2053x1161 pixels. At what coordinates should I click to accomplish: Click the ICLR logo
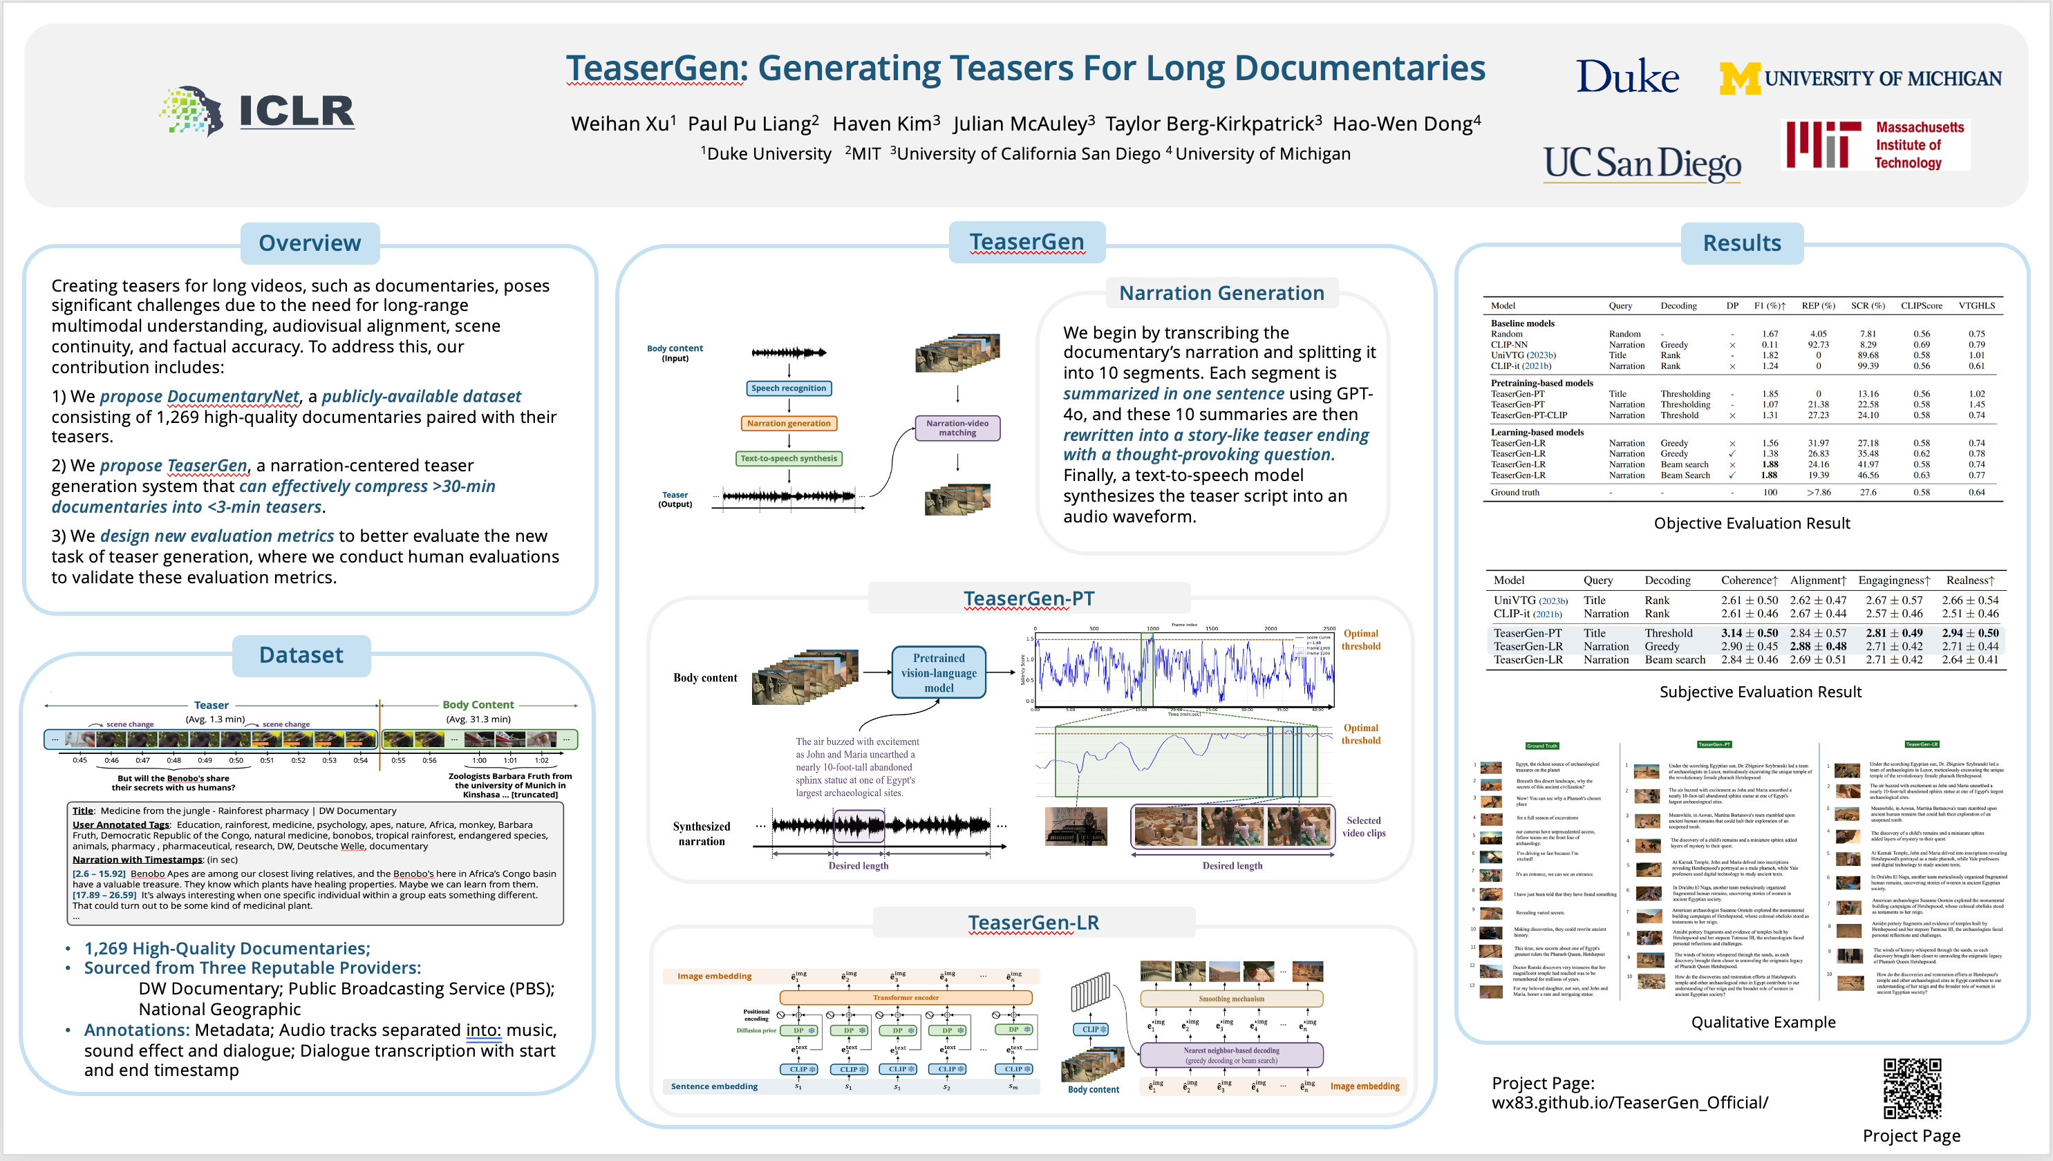pos(257,111)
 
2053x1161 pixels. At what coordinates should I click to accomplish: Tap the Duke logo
pos(1627,77)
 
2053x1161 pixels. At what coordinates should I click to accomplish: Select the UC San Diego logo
pos(1642,164)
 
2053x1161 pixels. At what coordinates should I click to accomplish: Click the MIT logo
pos(1875,144)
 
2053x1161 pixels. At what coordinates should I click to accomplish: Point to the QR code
pos(1911,1088)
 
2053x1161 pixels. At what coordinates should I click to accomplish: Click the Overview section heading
pos(310,243)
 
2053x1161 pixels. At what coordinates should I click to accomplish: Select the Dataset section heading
pos(301,655)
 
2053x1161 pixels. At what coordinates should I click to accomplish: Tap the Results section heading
pos(1741,243)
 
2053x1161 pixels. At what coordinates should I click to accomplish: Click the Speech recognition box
pos(788,388)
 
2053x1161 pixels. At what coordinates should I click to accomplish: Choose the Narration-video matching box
pos(957,428)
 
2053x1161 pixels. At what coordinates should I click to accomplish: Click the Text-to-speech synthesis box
pos(788,458)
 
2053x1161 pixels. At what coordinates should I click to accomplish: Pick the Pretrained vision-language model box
pos(938,672)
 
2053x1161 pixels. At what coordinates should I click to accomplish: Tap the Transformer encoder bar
pos(906,997)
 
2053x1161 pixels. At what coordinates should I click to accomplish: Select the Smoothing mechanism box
pos(1230,999)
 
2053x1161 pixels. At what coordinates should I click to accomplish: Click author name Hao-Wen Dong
pos(1406,124)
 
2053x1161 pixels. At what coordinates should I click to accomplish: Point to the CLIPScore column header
pos(1920,305)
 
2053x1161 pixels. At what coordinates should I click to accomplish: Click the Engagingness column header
pos(1893,580)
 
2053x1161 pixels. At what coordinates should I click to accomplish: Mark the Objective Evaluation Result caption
pos(1752,523)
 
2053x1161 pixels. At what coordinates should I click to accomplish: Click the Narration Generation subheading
pos(1221,294)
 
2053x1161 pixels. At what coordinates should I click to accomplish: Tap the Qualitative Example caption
pos(1763,1022)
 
